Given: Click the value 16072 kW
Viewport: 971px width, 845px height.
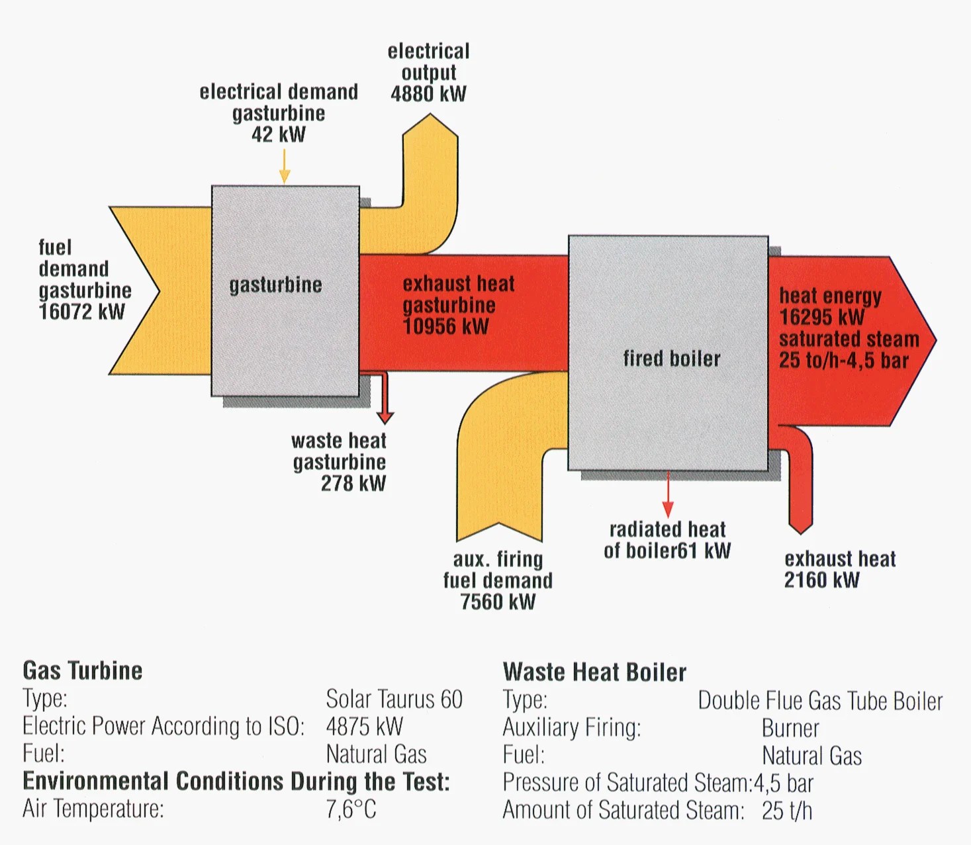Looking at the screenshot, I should pos(81,312).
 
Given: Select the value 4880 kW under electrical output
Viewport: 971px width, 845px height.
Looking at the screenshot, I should pos(428,94).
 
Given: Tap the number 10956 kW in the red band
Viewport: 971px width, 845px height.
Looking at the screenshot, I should pos(445,326).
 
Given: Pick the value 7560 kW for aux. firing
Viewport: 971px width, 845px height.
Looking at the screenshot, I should pos(498,601).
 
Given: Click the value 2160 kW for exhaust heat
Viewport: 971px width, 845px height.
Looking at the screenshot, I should pos(821,580).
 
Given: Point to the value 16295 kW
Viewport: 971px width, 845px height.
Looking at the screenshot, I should pos(821,317).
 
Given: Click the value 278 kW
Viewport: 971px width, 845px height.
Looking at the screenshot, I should pos(353,484).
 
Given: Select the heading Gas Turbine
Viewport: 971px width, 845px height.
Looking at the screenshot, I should pos(83,671).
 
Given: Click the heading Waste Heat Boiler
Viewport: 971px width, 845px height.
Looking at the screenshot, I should pos(594,672).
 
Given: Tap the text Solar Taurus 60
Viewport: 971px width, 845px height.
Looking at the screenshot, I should pos(394,699).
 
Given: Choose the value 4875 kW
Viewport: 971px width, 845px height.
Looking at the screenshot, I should pos(364,727).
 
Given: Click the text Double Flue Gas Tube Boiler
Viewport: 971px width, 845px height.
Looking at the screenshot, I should pos(820,701).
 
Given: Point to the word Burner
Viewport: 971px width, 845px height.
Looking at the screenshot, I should pos(790,729).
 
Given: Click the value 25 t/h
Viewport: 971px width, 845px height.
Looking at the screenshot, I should pos(786,811).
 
